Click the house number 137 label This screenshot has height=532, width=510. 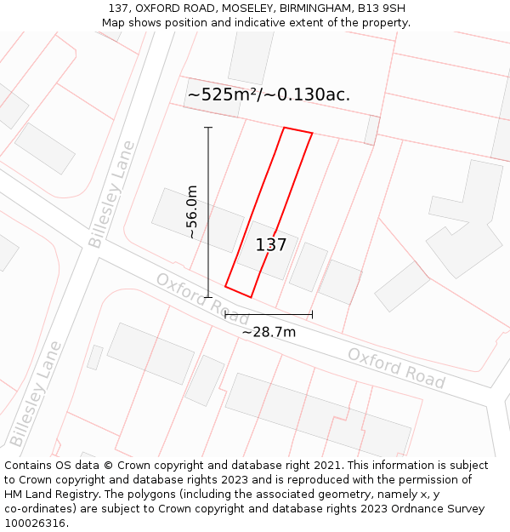[x=271, y=245]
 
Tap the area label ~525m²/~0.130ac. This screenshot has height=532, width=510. [x=269, y=94]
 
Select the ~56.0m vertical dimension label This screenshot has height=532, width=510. [x=192, y=211]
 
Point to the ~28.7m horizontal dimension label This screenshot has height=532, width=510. [x=269, y=332]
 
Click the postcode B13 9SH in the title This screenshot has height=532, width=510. [x=381, y=9]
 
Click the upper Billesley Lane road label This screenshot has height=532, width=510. [x=111, y=194]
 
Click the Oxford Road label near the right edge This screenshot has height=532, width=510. [x=396, y=368]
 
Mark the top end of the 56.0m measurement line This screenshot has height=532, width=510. [x=208, y=128]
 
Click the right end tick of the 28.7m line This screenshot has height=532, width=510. [x=312, y=315]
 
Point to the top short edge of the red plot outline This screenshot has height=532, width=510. [x=297, y=130]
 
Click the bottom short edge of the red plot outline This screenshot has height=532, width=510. [x=238, y=291]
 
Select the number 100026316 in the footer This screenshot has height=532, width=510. [x=35, y=523]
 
